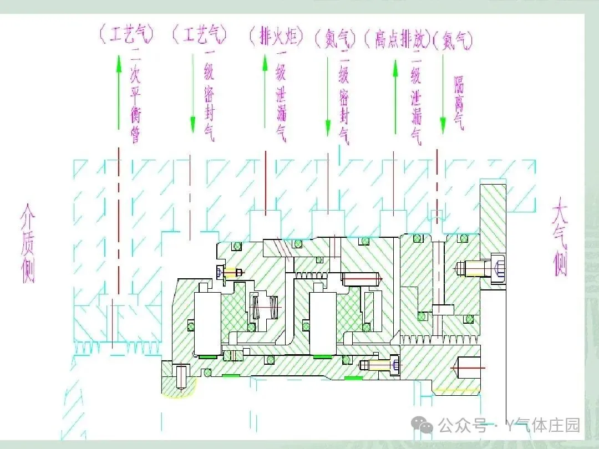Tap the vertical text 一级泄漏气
[281, 96]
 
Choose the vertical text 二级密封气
[344, 98]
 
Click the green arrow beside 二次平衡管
[118, 91]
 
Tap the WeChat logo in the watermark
[425, 426]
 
